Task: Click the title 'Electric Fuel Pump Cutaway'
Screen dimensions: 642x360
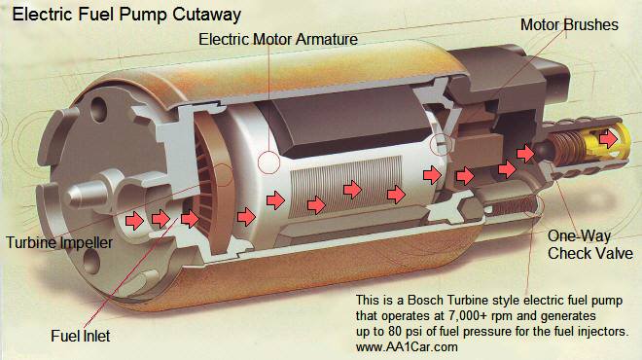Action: pyautogui.click(x=126, y=15)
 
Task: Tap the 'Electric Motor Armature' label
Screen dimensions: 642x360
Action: pyautogui.click(x=278, y=39)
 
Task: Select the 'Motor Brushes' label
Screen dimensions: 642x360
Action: pyautogui.click(x=569, y=24)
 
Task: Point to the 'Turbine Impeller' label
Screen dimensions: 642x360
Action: pyautogui.click(x=59, y=242)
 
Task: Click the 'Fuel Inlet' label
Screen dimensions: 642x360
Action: pyautogui.click(x=80, y=337)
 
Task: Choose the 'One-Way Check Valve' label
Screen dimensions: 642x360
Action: pyautogui.click(x=590, y=244)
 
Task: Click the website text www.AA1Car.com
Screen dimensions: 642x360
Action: pyautogui.click(x=407, y=347)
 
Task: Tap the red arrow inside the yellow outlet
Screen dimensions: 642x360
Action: pyautogui.click(x=608, y=138)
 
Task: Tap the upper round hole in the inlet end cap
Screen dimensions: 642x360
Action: pyautogui.click(x=98, y=109)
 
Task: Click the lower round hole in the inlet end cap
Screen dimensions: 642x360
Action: pyautogui.click(x=91, y=261)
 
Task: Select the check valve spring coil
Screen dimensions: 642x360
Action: pyautogui.click(x=563, y=146)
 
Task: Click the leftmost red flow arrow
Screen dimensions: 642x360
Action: pyautogui.click(x=134, y=221)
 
